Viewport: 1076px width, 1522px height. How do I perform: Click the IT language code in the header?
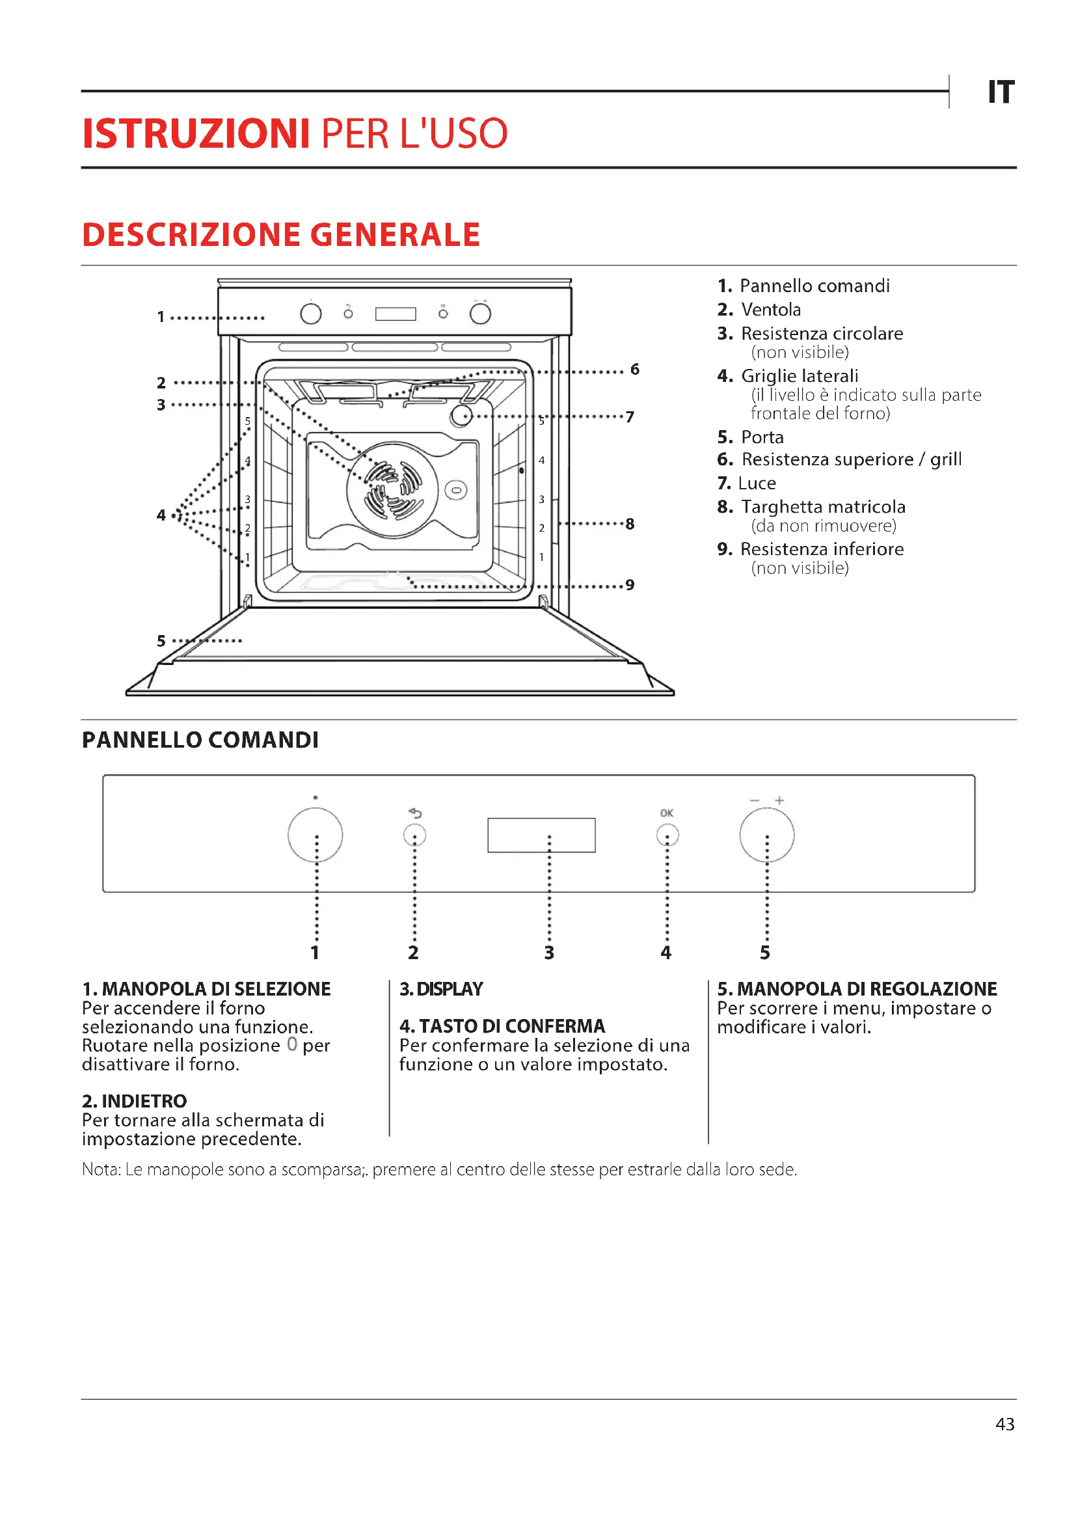1001,92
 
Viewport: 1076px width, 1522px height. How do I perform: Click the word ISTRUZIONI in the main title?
196,134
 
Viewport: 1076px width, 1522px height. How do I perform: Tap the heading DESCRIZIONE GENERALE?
281,235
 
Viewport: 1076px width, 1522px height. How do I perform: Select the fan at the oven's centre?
392,490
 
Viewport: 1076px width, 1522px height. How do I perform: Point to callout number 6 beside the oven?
635,369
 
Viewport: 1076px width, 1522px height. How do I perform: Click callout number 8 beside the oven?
630,524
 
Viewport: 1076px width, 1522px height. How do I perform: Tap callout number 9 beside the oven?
630,585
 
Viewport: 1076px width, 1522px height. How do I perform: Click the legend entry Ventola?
770,310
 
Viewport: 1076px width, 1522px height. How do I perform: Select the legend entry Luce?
757,483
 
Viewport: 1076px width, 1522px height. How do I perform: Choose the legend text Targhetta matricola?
823,507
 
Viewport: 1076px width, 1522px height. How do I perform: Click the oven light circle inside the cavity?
461,416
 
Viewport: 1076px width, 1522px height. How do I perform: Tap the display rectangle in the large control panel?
541,835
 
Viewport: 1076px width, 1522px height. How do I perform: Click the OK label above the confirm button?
667,813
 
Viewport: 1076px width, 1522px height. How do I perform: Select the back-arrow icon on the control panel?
416,813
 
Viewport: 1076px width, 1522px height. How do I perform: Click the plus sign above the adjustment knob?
780,800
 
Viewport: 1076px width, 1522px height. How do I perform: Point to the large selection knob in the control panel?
316,835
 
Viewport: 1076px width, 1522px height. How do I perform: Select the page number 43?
1004,1424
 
